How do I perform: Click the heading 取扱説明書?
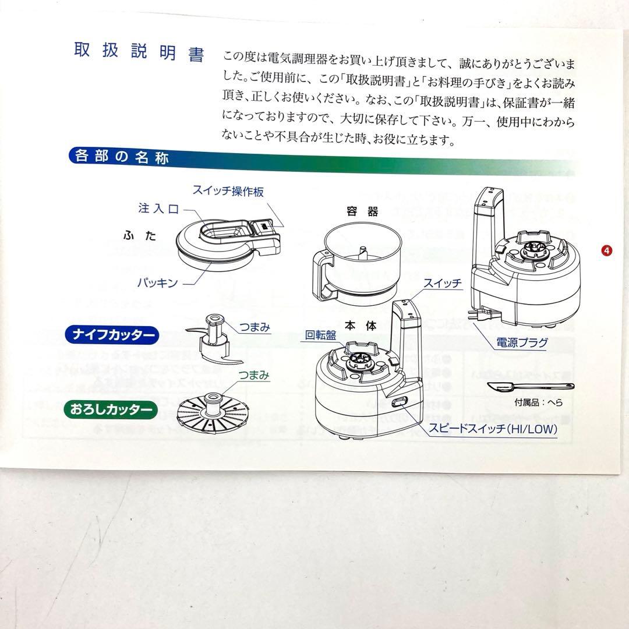coord(139,52)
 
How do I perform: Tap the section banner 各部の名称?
coord(119,157)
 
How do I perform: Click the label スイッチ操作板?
coord(228,191)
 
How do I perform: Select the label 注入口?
coord(158,209)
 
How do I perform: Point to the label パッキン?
coord(157,282)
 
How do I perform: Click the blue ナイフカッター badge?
coord(111,335)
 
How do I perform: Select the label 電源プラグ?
coord(521,342)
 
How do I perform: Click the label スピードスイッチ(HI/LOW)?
coord(493,430)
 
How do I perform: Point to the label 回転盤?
coord(320,335)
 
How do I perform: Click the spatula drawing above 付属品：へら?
coord(528,387)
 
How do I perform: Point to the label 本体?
coord(362,326)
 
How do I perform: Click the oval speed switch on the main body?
coord(400,402)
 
